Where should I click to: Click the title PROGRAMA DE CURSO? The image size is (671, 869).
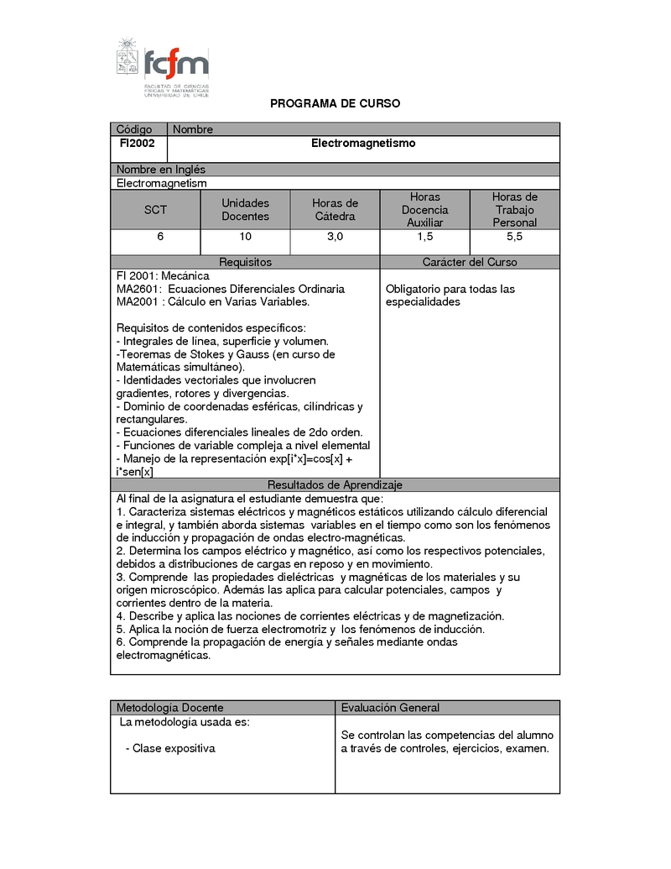click(x=335, y=104)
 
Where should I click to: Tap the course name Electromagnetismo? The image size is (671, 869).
click(x=363, y=144)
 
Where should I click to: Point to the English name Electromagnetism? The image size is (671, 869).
click(x=161, y=183)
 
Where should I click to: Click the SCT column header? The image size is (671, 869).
click(x=155, y=210)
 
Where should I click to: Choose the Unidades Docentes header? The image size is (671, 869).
click(x=245, y=210)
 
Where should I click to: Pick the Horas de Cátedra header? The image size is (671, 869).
click(x=335, y=210)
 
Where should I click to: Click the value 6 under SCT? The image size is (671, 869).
click(x=160, y=237)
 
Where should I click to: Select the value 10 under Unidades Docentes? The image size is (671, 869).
click(x=245, y=237)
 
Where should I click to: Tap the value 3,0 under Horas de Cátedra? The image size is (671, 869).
click(x=335, y=237)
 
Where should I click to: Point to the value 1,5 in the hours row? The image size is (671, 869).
click(x=424, y=237)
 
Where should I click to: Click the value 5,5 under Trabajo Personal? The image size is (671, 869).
click(x=514, y=237)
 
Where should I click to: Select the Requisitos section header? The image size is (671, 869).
click(x=245, y=262)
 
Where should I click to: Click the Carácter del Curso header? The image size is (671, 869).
click(x=470, y=262)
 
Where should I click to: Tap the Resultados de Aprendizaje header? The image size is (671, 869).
click(x=335, y=485)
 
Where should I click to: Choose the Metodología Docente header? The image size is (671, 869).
click(x=170, y=708)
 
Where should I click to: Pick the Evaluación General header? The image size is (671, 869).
click(x=390, y=708)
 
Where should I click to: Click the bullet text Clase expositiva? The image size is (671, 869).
click(x=174, y=748)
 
